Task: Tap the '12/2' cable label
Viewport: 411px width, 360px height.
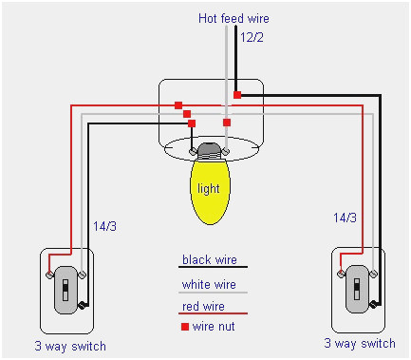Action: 252,39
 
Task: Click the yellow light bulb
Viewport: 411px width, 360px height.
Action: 208,189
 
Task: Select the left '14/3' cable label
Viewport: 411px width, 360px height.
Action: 106,228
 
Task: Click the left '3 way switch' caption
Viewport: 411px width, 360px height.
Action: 69,345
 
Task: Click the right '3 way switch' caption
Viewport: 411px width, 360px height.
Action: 359,343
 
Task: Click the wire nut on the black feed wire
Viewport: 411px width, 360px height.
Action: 237,95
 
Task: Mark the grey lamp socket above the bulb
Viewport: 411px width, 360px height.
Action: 209,149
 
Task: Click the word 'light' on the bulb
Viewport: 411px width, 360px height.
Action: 208,189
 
